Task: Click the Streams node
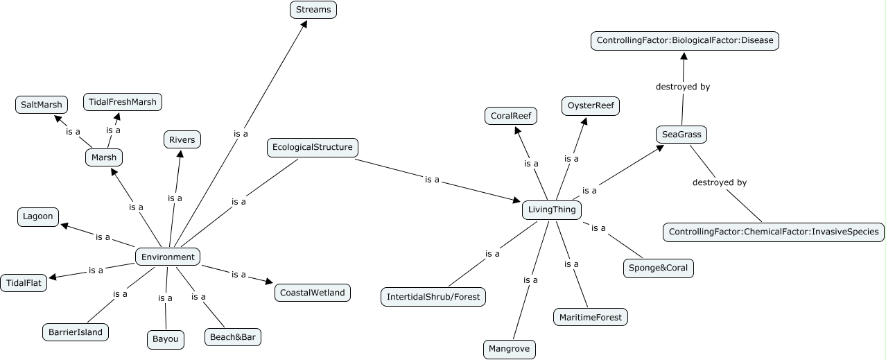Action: [313, 10]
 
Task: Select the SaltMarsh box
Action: [42, 105]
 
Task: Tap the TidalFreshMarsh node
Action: [122, 102]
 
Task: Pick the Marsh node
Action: [104, 157]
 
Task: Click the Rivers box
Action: [182, 140]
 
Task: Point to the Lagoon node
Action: [38, 216]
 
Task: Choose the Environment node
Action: [168, 257]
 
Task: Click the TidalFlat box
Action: [24, 283]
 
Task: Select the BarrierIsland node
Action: [76, 332]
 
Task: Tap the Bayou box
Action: [166, 340]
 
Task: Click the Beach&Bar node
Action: [234, 337]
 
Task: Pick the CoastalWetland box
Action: [312, 293]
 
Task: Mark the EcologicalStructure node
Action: [312, 147]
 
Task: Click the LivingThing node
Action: [551, 209]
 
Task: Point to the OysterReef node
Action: [589, 106]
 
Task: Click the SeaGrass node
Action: [681, 135]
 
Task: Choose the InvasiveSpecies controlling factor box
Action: [773, 232]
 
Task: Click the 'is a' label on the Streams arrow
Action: [241, 133]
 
